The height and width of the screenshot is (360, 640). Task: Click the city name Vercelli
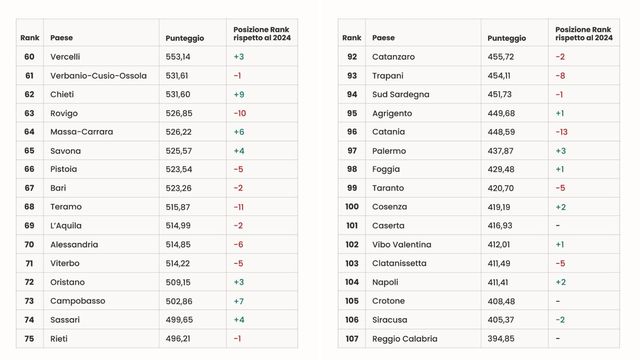pyautogui.click(x=65, y=57)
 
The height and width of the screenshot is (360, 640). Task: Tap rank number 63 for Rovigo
pyautogui.click(x=29, y=113)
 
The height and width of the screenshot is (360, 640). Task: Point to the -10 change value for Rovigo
pyautogui.click(x=240, y=113)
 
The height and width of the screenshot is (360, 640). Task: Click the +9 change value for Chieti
pyautogui.click(x=239, y=94)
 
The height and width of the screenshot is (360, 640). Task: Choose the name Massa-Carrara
pyautogui.click(x=82, y=132)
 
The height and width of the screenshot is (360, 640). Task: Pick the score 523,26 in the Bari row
pyautogui.click(x=178, y=188)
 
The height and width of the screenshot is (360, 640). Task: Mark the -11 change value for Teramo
pyautogui.click(x=239, y=207)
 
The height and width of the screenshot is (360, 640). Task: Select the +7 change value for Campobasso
pyautogui.click(x=239, y=301)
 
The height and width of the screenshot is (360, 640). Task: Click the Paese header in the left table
pyautogui.click(x=61, y=37)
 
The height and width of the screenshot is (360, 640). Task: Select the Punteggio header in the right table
pyautogui.click(x=507, y=37)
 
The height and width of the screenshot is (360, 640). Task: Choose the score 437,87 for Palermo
pyautogui.click(x=501, y=151)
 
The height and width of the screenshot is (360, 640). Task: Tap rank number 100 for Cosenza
pyautogui.click(x=352, y=207)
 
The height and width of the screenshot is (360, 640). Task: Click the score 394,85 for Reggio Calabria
pyautogui.click(x=501, y=338)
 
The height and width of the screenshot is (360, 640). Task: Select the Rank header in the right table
pyautogui.click(x=352, y=37)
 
